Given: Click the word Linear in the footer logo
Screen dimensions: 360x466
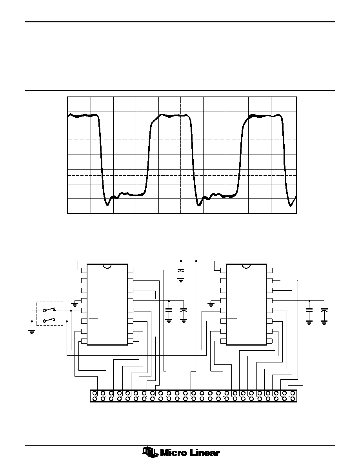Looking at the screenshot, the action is coord(205,453).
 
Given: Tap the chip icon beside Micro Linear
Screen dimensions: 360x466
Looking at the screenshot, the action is coord(150,452).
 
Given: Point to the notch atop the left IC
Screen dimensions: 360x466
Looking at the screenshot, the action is coord(107,266).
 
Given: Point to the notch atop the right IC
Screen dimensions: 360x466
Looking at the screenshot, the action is coord(246,266).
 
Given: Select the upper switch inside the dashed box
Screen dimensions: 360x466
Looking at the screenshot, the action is coord(49,310).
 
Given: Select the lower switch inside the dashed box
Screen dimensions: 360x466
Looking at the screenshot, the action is coord(49,320).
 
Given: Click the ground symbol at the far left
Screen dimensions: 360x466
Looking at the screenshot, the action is coord(31,332).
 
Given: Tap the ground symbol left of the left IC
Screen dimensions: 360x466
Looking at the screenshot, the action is coord(75,304).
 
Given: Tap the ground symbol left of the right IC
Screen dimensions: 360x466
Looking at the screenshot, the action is coord(211,304).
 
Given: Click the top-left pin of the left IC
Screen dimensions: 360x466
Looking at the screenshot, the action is coord(84,270).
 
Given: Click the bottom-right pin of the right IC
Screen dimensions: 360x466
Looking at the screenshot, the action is coord(269,341).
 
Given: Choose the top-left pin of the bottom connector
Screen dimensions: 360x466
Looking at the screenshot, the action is coord(95,393).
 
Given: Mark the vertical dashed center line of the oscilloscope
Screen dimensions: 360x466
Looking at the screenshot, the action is coord(181,155).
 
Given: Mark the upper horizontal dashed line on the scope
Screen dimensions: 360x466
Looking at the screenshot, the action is coord(182,140).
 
